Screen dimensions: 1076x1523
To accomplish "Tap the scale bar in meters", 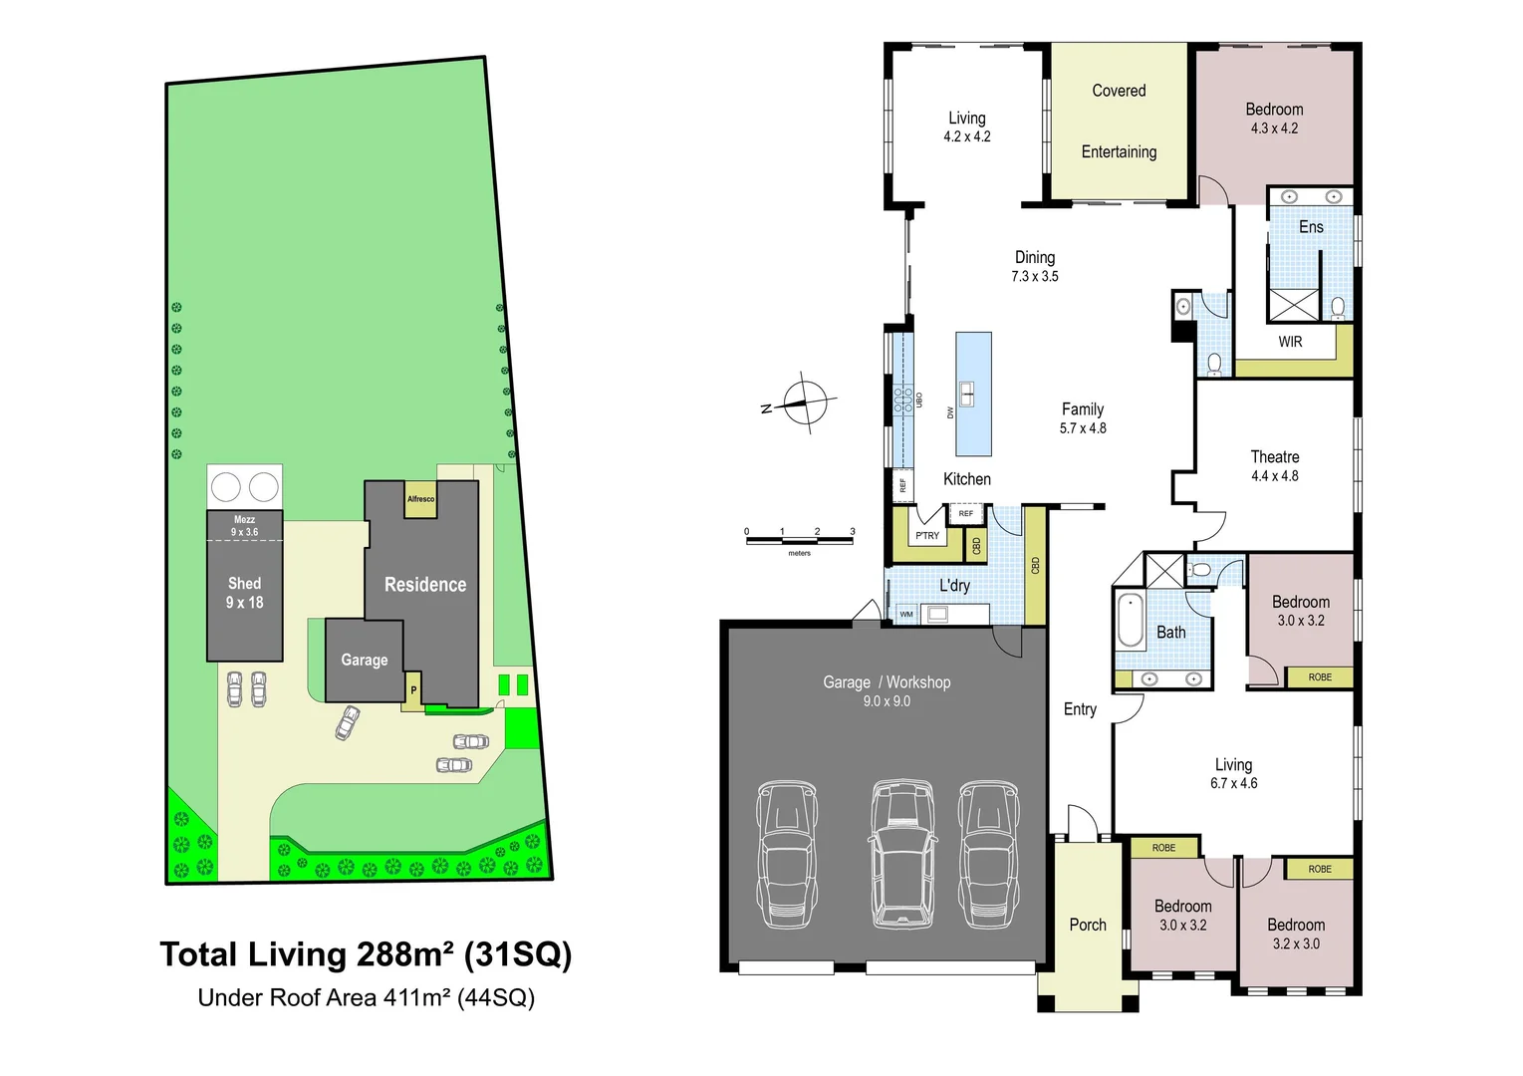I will [799, 539].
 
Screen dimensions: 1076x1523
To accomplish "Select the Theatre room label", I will [1274, 457].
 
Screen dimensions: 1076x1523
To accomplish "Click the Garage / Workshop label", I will [887, 682].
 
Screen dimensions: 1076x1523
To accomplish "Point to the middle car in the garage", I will [902, 854].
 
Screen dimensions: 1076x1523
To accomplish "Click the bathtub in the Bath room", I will [1132, 622].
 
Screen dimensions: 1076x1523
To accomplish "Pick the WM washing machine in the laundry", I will [906, 614].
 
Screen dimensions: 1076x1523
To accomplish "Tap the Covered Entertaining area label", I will [1119, 121].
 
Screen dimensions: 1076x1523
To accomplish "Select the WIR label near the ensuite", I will [1290, 342].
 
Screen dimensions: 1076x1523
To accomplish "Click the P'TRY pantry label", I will [927, 535].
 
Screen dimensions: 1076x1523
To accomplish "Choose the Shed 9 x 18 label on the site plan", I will [244, 593].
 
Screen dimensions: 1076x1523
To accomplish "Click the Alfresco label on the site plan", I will [420, 499].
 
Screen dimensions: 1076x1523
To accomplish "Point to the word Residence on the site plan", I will [425, 585].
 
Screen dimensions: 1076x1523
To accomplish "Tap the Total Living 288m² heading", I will [366, 954].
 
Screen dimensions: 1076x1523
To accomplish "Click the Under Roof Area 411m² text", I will [366, 997].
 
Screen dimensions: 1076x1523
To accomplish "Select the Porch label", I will [1088, 925].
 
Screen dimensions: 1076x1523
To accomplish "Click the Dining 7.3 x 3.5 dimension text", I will [1035, 276].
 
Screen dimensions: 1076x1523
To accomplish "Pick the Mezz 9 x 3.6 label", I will [244, 525].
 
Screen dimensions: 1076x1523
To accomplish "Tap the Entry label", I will [1080, 709].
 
